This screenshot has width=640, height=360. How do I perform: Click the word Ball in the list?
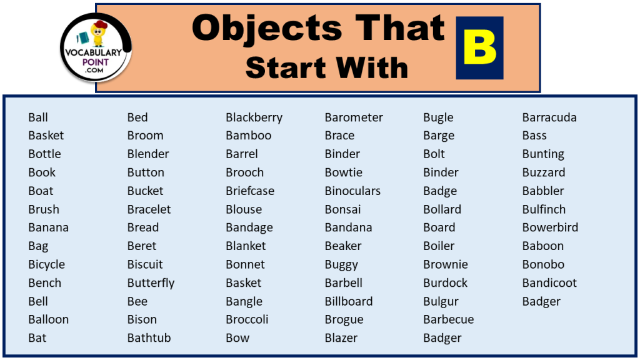pos(38,117)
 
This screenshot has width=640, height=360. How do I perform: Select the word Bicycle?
pos(46,264)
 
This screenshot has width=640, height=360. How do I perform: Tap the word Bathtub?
pos(149,338)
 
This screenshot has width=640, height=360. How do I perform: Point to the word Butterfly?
pos(151,283)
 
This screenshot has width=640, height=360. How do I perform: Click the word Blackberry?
pos(254,117)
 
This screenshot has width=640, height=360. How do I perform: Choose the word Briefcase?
pos(250,191)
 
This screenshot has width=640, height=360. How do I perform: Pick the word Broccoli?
pos(247,319)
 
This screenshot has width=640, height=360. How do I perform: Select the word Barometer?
pos(354,117)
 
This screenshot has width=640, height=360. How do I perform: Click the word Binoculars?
pos(352,191)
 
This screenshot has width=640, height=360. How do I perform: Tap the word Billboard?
pos(349,301)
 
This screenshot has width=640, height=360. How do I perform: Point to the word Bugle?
pos(438,117)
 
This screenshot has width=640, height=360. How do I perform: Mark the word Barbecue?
pos(448,319)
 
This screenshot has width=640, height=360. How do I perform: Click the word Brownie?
pos(446,264)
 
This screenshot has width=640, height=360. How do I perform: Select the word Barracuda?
pos(549,117)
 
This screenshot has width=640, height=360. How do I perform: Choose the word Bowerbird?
pos(550,227)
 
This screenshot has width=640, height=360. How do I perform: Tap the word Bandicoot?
pos(549,283)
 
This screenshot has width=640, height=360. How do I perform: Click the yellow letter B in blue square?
pos(479,47)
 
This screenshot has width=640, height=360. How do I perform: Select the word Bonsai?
pos(342,209)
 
